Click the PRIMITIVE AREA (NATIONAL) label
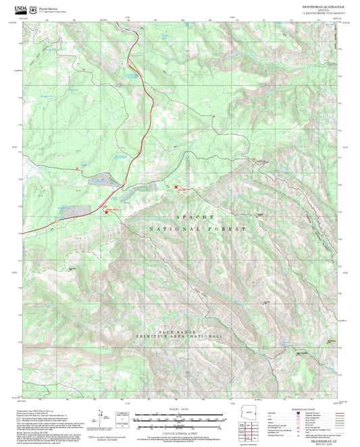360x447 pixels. click(180, 336)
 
